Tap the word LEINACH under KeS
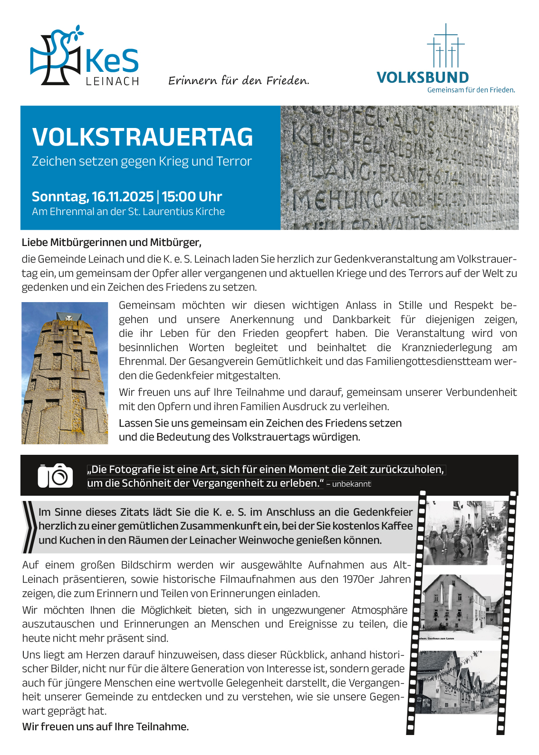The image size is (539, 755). [112, 81]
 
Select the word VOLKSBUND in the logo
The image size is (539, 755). [423, 78]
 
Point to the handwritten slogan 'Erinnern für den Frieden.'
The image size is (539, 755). [239, 80]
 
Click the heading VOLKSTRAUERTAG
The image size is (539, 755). [143, 137]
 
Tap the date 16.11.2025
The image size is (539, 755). [123, 196]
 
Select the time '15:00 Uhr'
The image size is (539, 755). [192, 196]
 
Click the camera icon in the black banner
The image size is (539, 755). [55, 475]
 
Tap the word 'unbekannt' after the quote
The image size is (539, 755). [351, 484]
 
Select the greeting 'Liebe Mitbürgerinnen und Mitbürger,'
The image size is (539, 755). [112, 243]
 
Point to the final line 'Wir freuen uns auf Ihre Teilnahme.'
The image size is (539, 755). [106, 726]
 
